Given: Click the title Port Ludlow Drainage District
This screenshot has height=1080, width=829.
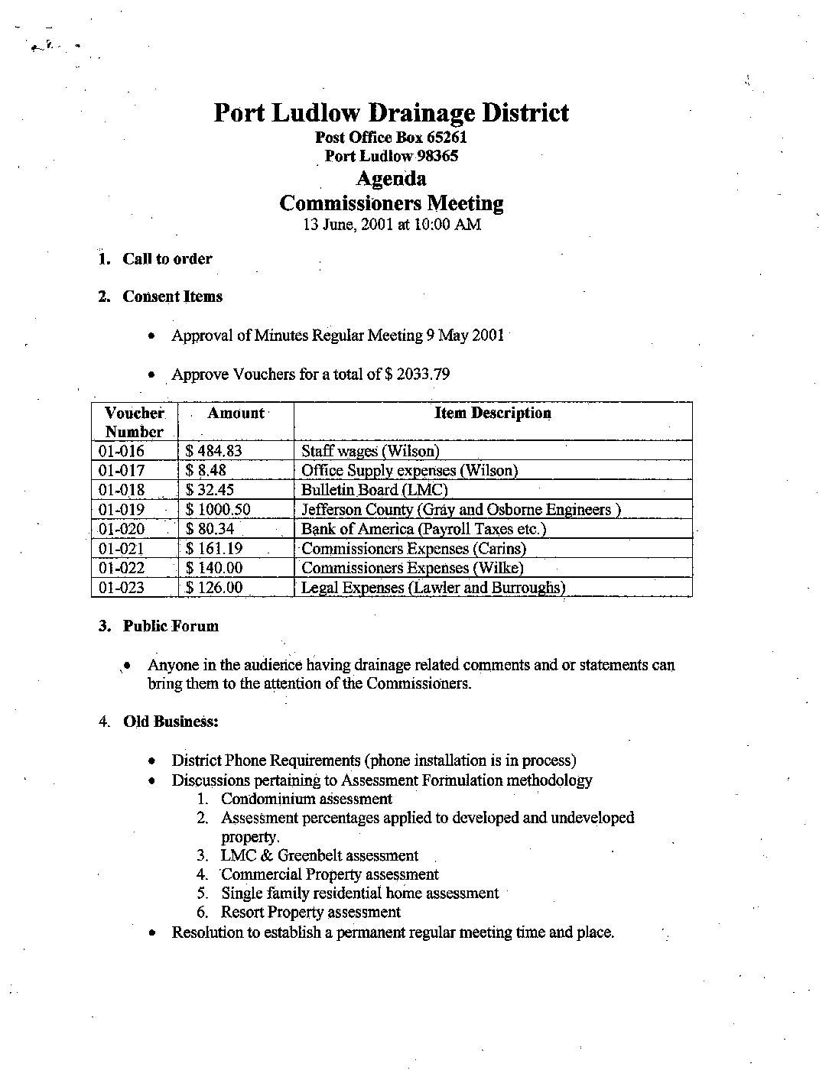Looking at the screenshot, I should coord(391,113).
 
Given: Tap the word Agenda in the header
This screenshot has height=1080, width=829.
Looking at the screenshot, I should coord(391,179).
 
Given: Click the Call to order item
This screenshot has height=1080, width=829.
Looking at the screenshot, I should coord(167,259).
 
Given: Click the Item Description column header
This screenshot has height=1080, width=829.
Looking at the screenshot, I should coord(493,414).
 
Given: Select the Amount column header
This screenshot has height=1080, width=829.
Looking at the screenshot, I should coord(236,414).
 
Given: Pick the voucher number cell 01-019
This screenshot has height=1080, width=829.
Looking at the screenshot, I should coord(122,510).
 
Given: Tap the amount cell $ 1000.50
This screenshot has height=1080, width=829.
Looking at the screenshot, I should coord(218,510).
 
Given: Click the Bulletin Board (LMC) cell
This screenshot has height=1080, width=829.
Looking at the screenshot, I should coord(374,491).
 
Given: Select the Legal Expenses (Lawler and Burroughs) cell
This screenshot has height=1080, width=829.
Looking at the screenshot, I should coord(433,588).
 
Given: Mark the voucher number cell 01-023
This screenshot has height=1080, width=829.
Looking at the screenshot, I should coord(122,588).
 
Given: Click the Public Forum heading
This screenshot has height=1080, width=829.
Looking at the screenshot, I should coord(171,626).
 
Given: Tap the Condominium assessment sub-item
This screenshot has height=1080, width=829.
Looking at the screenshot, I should coord(306,799).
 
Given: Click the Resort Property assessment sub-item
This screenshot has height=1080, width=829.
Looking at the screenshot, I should coord(310,913).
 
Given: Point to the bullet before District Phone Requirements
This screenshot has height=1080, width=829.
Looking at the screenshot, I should coord(154,761).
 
